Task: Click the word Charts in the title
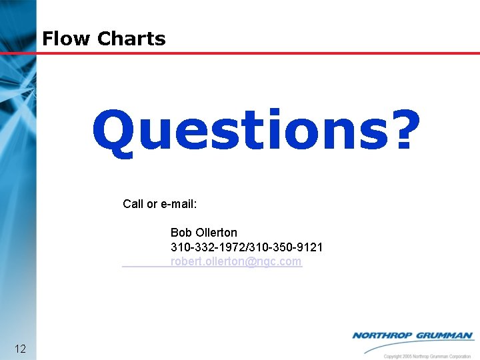(131, 39)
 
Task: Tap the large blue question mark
(403, 131)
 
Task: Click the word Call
(133, 204)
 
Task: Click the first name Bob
(181, 233)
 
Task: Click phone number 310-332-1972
(207, 247)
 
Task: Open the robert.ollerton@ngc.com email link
(236, 262)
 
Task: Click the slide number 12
(20, 349)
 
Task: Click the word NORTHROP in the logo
(383, 335)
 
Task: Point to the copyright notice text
(427, 356)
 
